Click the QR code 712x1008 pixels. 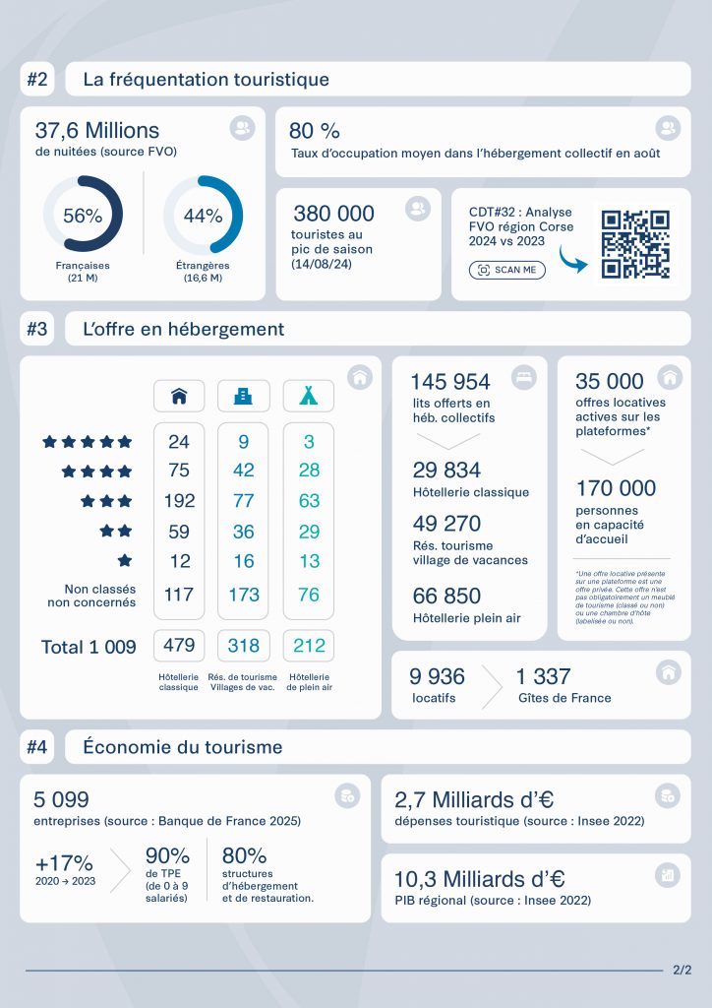(x=635, y=244)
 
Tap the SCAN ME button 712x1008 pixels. (x=507, y=270)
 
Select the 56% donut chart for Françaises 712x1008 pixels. (x=83, y=216)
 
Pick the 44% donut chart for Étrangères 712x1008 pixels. (x=203, y=216)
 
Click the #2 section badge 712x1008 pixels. (x=37, y=80)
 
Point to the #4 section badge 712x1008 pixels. (x=37, y=747)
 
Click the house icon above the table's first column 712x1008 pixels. (x=179, y=396)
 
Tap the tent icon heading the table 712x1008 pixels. (x=309, y=396)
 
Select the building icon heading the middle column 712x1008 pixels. (x=244, y=396)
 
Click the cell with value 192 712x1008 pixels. (x=179, y=501)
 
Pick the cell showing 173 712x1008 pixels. (x=244, y=595)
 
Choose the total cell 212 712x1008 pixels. (x=309, y=646)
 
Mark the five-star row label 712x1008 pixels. (x=87, y=442)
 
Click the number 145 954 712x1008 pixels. (x=450, y=382)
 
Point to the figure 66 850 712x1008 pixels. (x=446, y=596)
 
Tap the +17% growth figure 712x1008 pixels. (x=64, y=862)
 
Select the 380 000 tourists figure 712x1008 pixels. (x=333, y=214)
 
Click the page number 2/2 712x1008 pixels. (x=682, y=970)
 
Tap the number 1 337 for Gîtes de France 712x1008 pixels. (x=543, y=676)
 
